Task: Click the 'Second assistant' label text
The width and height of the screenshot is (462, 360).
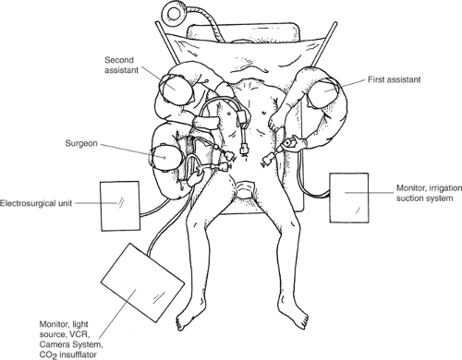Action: pyautogui.click(x=121, y=65)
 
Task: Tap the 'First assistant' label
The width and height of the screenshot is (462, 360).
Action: pyautogui.click(x=395, y=79)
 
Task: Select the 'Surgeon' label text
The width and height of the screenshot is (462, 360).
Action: pyautogui.click(x=81, y=143)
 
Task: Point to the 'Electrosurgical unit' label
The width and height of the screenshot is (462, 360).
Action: pyautogui.click(x=36, y=203)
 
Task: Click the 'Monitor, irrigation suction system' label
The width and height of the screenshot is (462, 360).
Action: pyautogui.click(x=429, y=193)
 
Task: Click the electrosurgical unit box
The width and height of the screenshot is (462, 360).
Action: pyautogui.click(x=120, y=206)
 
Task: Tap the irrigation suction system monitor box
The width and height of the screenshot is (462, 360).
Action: pyautogui.click(x=349, y=198)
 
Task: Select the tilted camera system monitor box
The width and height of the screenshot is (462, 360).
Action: pyautogui.click(x=142, y=282)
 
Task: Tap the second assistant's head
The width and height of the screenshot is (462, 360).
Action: pyautogui.click(x=176, y=89)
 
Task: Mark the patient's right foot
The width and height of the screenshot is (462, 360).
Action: pyautogui.click(x=189, y=315)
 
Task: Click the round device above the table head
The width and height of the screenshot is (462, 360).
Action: pyautogui.click(x=175, y=11)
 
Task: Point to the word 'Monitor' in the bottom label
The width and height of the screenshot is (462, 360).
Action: pyautogui.click(x=51, y=324)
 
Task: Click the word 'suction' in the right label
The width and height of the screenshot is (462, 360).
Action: pyautogui.click(x=407, y=198)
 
